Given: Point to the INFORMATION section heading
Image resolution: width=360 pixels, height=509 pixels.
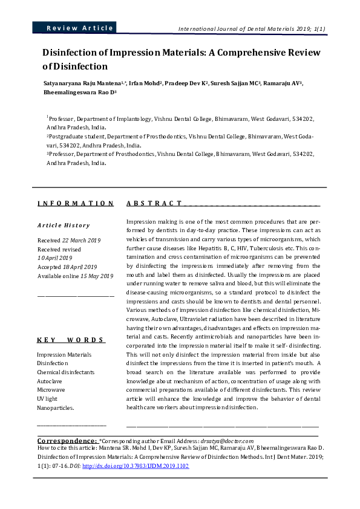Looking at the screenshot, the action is (x=75, y=204).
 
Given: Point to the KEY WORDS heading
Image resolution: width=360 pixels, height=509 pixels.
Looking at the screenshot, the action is (x=71, y=340).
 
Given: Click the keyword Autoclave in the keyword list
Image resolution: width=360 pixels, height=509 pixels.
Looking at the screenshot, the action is (x=50, y=381).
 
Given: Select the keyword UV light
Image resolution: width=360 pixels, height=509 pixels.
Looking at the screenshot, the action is (x=47, y=399).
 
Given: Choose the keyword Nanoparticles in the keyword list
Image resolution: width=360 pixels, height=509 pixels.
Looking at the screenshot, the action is (x=56, y=408).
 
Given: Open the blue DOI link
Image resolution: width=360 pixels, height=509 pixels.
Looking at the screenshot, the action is (x=136, y=467).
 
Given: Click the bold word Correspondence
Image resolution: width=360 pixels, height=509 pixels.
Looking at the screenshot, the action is (x=67, y=441).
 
